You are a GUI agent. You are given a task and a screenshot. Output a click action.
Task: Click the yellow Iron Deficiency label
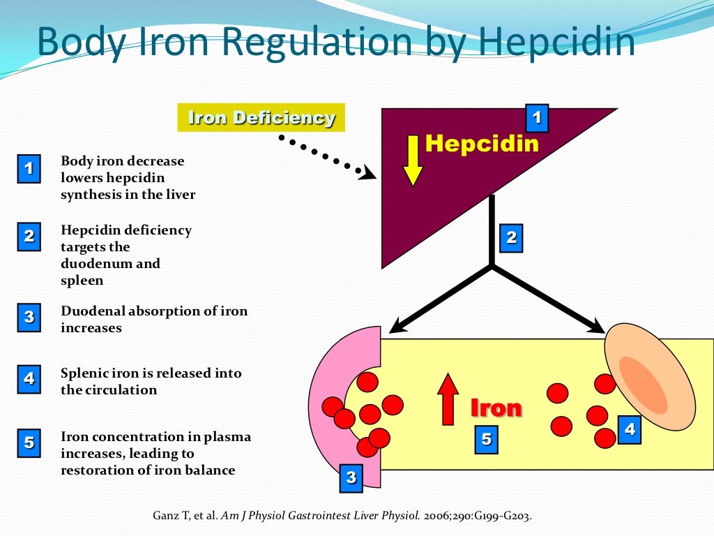(261, 117)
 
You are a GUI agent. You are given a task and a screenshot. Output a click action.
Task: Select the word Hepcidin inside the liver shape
(482, 143)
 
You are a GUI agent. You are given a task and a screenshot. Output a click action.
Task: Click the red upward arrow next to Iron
(448, 399)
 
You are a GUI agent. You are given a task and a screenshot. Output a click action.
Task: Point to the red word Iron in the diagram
(496, 408)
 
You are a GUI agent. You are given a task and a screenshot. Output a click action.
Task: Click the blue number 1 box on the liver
(536, 118)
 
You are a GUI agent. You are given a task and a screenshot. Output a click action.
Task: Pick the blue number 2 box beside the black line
(511, 237)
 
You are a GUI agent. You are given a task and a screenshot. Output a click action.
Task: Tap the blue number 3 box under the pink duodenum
(351, 477)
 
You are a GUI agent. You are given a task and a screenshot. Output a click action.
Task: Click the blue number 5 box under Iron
(486, 440)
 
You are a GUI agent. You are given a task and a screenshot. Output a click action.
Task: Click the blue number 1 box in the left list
(29, 169)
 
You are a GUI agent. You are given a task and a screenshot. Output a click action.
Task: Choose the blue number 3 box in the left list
(29, 317)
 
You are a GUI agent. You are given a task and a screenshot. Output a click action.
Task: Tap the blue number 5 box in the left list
(29, 442)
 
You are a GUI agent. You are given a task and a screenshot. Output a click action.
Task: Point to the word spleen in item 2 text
(82, 281)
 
